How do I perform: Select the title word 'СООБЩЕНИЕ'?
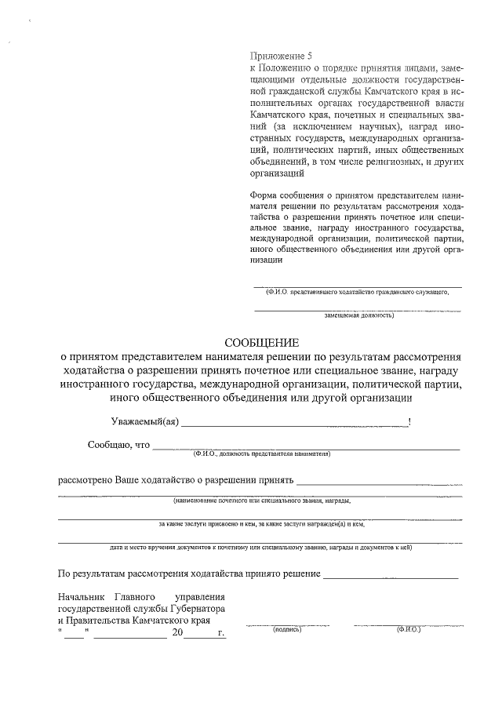(x=262, y=344)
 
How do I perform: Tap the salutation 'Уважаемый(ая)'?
(x=144, y=422)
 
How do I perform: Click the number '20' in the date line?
(x=178, y=632)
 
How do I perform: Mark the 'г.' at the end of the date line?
(x=221, y=632)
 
